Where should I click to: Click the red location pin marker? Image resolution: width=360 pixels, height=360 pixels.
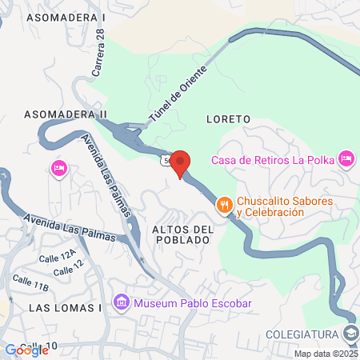[180, 162]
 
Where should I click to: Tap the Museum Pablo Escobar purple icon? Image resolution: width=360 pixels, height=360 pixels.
[121, 303]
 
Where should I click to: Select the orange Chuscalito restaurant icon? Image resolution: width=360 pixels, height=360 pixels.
[225, 206]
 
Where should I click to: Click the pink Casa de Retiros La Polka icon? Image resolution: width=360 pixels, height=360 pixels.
[346, 158]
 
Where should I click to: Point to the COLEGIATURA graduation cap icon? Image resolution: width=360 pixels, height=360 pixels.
[350, 333]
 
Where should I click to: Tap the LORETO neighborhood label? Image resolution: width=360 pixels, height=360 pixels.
[228, 119]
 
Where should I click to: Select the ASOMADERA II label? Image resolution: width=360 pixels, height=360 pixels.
[66, 114]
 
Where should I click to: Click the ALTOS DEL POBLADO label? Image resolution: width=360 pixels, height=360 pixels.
[182, 235]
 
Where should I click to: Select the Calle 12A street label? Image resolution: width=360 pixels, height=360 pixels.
[58, 257]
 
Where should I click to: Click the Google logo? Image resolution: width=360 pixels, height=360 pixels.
[26, 350]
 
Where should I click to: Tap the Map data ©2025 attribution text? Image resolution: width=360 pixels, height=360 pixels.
[326, 354]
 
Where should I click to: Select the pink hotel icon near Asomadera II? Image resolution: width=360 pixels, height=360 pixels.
[58, 168]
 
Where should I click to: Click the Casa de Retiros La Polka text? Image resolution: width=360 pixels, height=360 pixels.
[273, 158]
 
